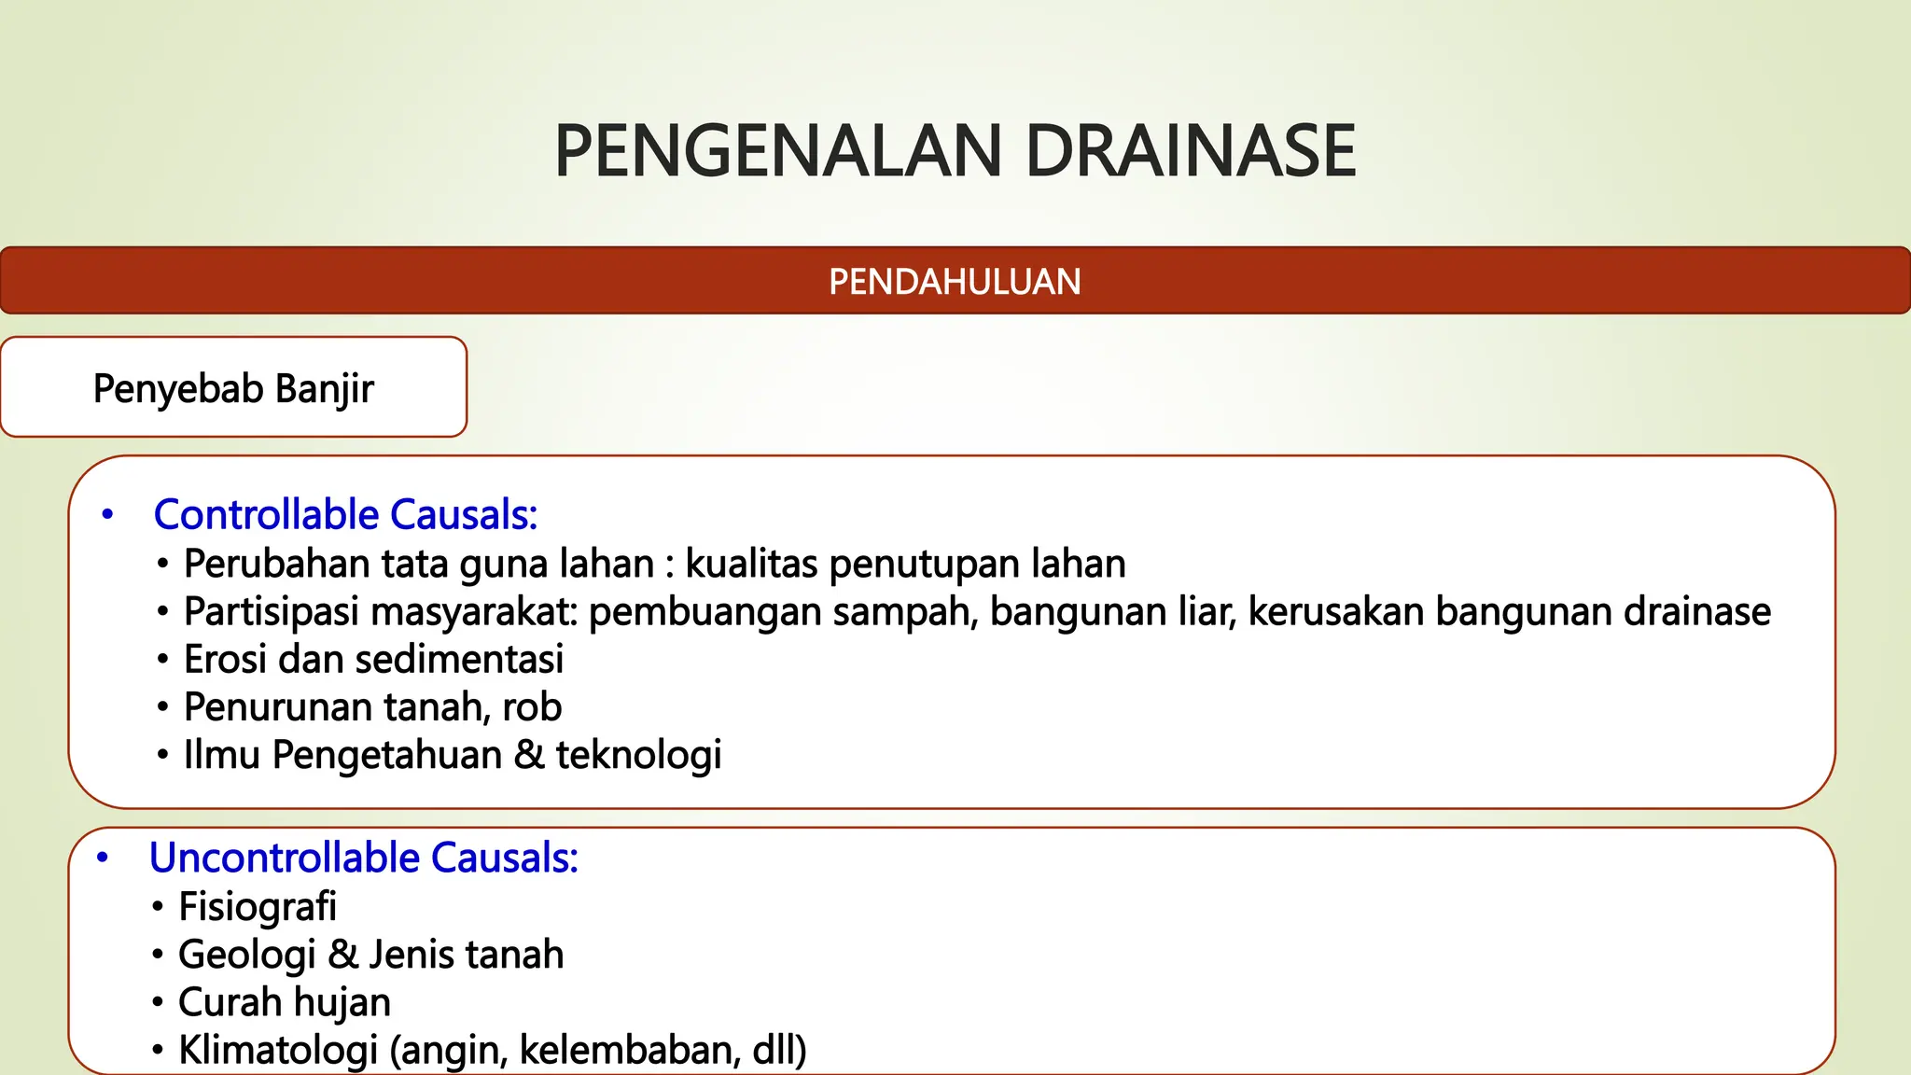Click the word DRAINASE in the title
(x=1191, y=151)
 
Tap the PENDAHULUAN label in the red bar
(x=955, y=282)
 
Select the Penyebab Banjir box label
(x=233, y=388)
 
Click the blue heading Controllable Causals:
(x=345, y=515)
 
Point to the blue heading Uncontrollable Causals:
(x=364, y=858)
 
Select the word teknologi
(x=639, y=755)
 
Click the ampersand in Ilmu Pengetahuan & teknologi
(x=529, y=755)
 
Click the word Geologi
(x=247, y=955)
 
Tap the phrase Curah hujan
(x=285, y=1002)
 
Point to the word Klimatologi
(x=278, y=1050)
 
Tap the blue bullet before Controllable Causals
(x=107, y=515)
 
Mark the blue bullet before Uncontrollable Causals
(x=103, y=858)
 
